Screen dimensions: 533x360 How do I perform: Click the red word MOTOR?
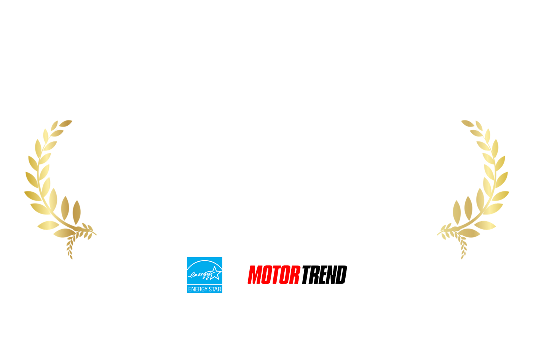[x=274, y=275]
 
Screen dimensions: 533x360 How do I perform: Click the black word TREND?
[x=324, y=275]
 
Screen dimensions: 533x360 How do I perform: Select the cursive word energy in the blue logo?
[x=200, y=275]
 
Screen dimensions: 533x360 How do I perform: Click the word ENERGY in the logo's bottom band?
[x=198, y=289]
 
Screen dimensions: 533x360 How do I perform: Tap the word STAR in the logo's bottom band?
[x=215, y=289]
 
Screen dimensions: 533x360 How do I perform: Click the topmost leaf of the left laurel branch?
[x=65, y=123]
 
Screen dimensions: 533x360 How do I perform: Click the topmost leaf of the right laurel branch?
[x=468, y=123]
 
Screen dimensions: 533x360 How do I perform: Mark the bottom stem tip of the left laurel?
[x=72, y=259]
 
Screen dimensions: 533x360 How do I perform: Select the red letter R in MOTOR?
[x=295, y=275]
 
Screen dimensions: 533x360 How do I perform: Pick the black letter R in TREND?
[x=314, y=275]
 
